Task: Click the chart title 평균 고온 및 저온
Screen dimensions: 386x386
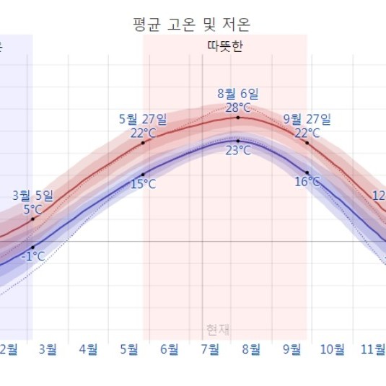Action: (192, 24)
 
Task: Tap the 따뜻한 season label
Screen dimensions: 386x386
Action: (224, 45)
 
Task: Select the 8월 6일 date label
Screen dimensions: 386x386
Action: (238, 94)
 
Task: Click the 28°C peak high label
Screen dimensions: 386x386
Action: (238, 108)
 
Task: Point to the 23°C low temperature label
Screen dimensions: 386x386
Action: (238, 151)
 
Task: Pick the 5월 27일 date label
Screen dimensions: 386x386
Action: (143, 118)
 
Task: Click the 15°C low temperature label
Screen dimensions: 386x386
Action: (143, 184)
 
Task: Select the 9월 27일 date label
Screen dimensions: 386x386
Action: (307, 118)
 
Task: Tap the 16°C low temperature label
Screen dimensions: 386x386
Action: (307, 182)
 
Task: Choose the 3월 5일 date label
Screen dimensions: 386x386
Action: (32, 196)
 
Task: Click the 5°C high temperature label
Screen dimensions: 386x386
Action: (32, 209)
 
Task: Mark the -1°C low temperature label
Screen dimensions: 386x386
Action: (32, 256)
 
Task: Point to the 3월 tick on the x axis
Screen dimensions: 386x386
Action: (48, 350)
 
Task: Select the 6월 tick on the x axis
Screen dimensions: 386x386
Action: (170, 350)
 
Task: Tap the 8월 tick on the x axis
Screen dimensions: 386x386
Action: (251, 350)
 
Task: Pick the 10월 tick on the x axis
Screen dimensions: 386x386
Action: (332, 350)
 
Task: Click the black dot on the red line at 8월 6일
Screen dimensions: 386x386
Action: (238, 117)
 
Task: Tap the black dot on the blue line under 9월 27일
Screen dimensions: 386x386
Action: (307, 173)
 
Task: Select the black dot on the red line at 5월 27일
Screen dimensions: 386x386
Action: (143, 143)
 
